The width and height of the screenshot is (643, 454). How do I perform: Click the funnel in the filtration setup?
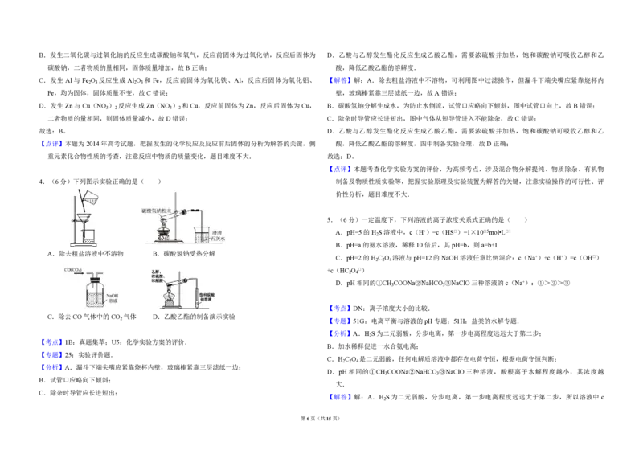pyautogui.click(x=84, y=215)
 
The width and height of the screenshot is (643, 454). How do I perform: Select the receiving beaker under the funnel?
pyautogui.click(x=87, y=237)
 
